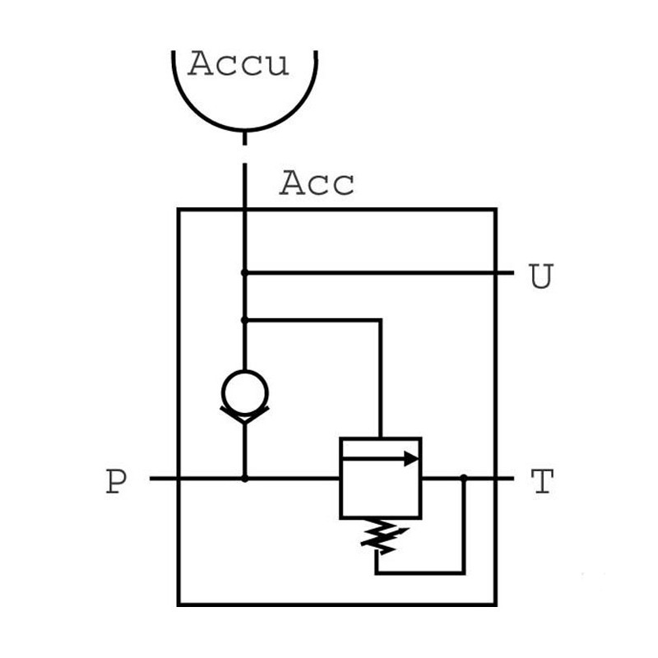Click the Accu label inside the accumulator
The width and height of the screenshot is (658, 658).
point(238,63)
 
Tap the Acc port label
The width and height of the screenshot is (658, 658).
point(317,183)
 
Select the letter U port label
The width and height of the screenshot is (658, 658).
point(541,276)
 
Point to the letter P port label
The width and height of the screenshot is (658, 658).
point(116,481)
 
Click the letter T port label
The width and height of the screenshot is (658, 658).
point(542,481)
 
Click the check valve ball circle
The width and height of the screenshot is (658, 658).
point(244,392)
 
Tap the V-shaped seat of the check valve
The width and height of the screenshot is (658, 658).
point(244,415)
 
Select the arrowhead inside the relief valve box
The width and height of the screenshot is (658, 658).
point(412,459)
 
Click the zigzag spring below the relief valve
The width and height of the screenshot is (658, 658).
point(380,536)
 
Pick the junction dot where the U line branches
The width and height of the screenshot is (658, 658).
point(244,273)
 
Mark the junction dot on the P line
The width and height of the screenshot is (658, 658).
point(244,479)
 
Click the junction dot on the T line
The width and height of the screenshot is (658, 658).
point(464,478)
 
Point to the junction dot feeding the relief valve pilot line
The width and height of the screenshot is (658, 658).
point(244,320)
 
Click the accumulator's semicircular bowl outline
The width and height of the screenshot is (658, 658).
point(244,131)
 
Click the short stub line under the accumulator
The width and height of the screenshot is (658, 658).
point(244,139)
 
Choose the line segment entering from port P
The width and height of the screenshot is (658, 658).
point(244,479)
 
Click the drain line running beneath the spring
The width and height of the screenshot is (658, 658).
point(420,572)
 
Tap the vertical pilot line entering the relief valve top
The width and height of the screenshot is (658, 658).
point(380,379)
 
